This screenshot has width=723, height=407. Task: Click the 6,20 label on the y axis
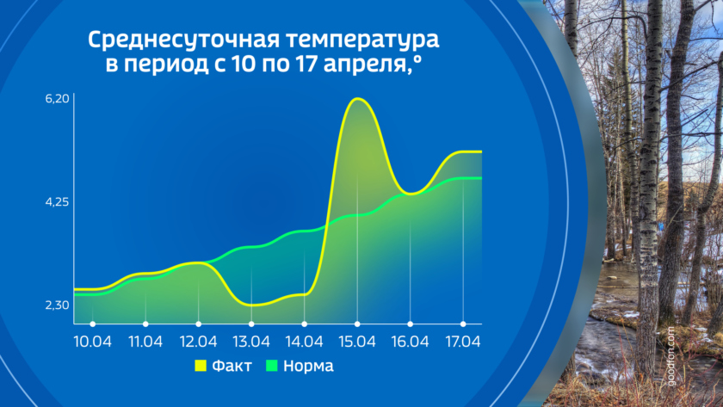pyautogui.click(x=57, y=99)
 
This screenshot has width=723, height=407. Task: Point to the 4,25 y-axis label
pyautogui.click(x=57, y=202)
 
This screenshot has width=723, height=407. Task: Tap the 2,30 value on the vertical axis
pyautogui.click(x=57, y=305)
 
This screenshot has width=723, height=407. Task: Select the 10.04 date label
pyautogui.click(x=93, y=342)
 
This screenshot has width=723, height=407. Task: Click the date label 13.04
pyautogui.click(x=251, y=342)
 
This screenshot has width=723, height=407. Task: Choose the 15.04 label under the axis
pyautogui.click(x=357, y=342)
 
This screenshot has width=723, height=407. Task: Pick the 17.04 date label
pyautogui.click(x=463, y=342)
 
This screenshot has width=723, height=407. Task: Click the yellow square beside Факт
pyautogui.click(x=201, y=366)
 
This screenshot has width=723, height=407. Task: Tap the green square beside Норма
pyautogui.click(x=272, y=366)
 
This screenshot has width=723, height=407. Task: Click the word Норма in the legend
pyautogui.click(x=308, y=366)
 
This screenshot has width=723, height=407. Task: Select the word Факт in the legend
pyautogui.click(x=232, y=366)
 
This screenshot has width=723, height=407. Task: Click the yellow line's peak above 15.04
pyautogui.click(x=357, y=99)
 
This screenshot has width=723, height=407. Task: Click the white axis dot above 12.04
pyautogui.click(x=198, y=324)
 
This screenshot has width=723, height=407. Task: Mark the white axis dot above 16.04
pyautogui.click(x=411, y=324)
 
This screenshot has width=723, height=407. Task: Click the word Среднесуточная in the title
pyautogui.click(x=183, y=40)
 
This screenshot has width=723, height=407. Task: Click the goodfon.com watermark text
pyautogui.click(x=670, y=356)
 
